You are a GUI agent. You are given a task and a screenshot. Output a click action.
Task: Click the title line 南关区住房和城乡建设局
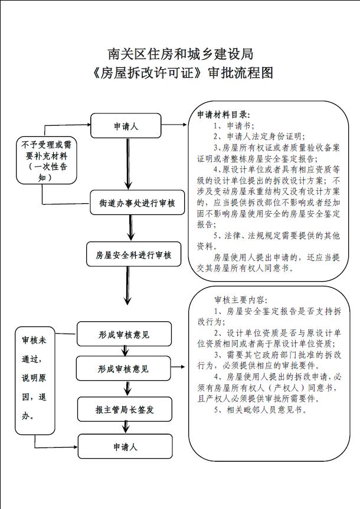[180, 54]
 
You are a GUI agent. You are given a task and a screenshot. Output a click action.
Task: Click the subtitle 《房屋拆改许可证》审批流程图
[180, 74]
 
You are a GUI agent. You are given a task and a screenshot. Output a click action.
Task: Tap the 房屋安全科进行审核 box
[134, 255]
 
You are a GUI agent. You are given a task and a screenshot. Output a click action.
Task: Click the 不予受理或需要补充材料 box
[44, 160]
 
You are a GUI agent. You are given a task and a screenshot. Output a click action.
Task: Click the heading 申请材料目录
[224, 115]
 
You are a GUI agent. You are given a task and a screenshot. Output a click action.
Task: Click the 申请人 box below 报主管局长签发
[125, 446]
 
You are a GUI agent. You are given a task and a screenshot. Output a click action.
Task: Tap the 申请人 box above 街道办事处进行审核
[126, 126]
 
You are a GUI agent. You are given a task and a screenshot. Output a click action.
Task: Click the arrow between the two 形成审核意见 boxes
[125, 352]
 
